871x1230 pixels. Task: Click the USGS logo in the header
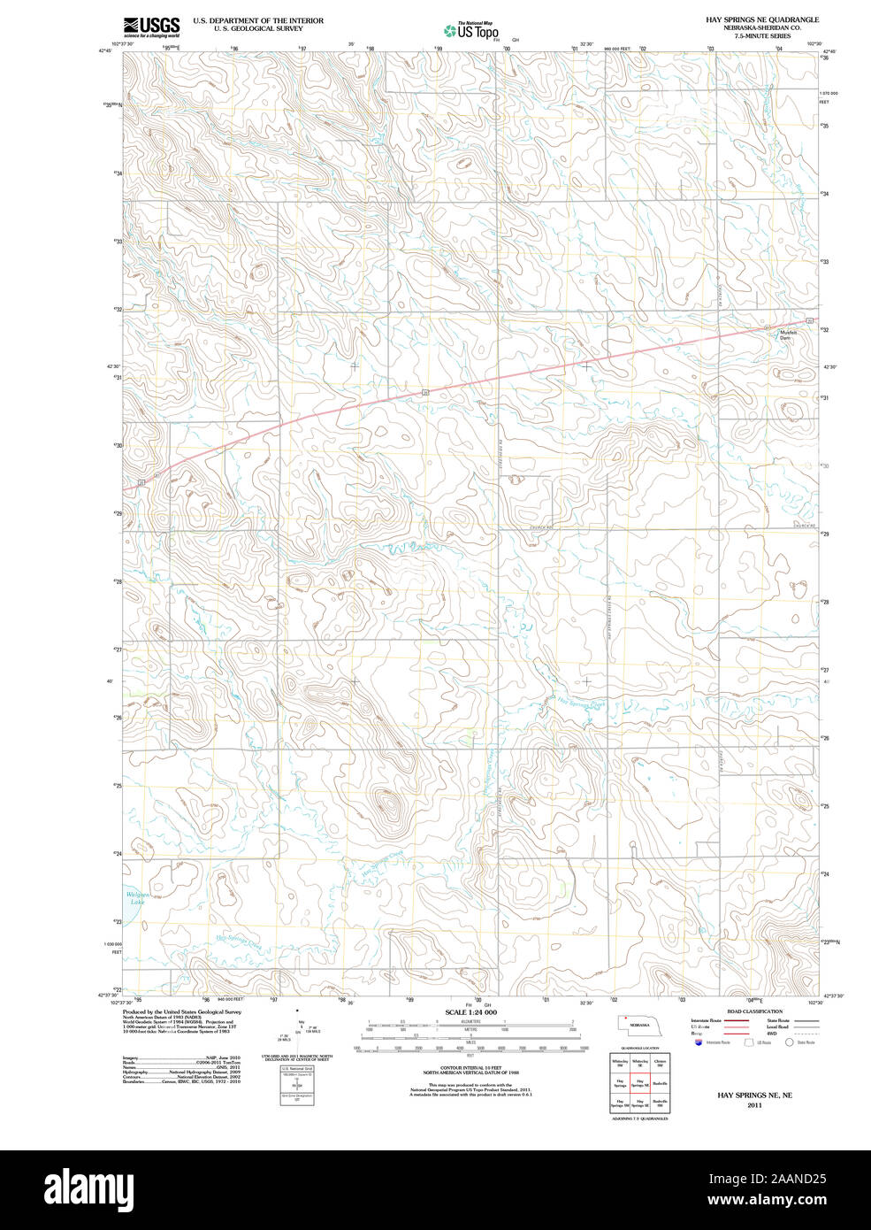click(x=151, y=26)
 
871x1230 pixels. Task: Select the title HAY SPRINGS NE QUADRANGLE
click(x=761, y=19)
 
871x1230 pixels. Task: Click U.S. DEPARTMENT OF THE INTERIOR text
click(x=258, y=20)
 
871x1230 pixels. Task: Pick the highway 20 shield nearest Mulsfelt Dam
click(x=808, y=320)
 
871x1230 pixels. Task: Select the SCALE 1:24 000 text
click(x=470, y=1012)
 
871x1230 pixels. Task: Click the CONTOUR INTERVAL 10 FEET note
click(x=470, y=1069)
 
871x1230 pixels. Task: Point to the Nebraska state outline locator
click(x=638, y=1024)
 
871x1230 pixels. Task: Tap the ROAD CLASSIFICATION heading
click(x=753, y=1011)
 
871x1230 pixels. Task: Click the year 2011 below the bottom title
click(x=753, y=1105)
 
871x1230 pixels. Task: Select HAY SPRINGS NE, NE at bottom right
click(x=753, y=1095)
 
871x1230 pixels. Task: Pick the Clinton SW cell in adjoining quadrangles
click(x=660, y=1063)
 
